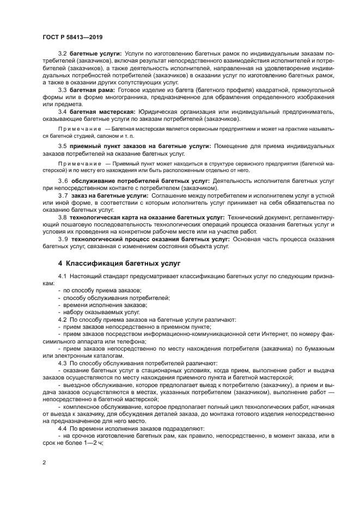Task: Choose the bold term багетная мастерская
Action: click(102, 112)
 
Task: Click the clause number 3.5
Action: click(63, 146)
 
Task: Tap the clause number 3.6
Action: click(63, 180)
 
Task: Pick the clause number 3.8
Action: click(63, 217)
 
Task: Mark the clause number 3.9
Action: click(63, 238)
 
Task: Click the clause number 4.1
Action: click(63, 277)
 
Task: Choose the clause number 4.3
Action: click(63, 362)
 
